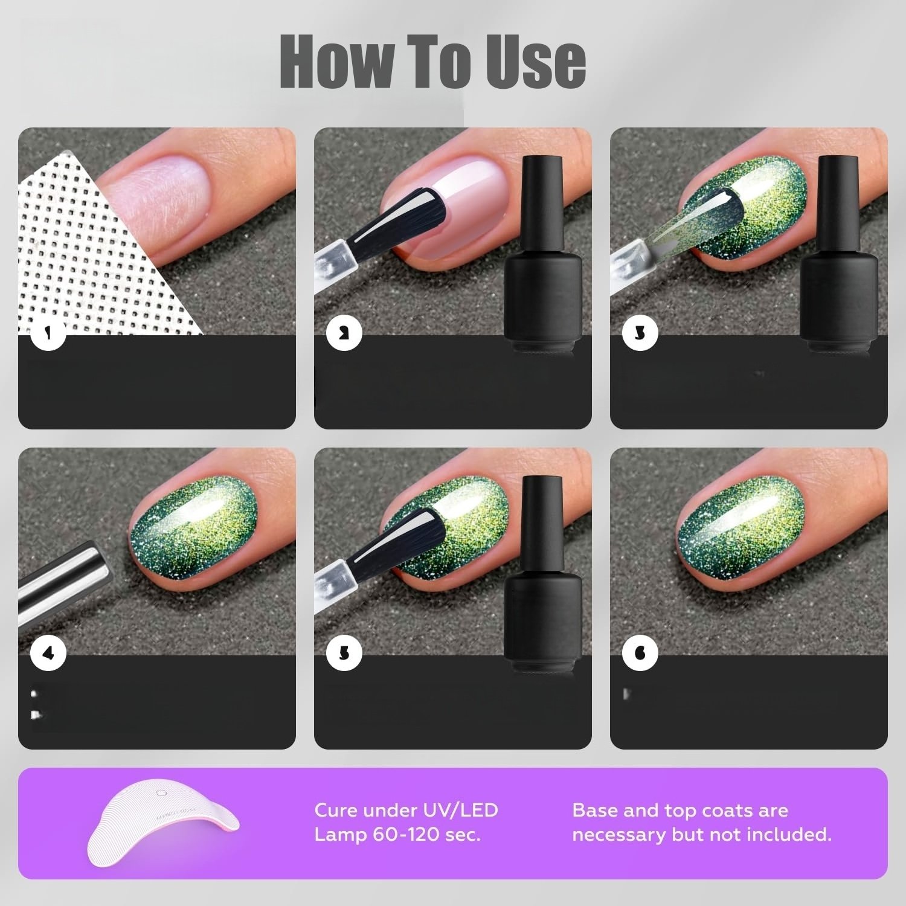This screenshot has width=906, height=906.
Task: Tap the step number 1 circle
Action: (x=48, y=333)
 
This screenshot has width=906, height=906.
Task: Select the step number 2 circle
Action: (x=344, y=333)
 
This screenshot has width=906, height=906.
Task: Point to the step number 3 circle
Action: (x=640, y=333)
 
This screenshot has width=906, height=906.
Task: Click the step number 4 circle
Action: (x=48, y=654)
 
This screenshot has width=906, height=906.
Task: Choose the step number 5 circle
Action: (x=344, y=654)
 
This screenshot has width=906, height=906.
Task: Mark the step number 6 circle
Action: (x=640, y=654)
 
